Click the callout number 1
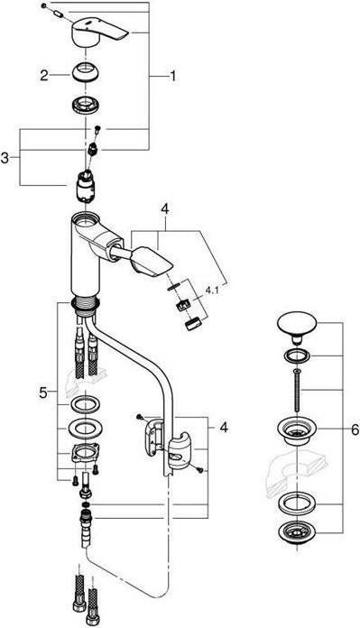[172, 78]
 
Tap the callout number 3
[8, 159]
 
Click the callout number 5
[42, 393]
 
